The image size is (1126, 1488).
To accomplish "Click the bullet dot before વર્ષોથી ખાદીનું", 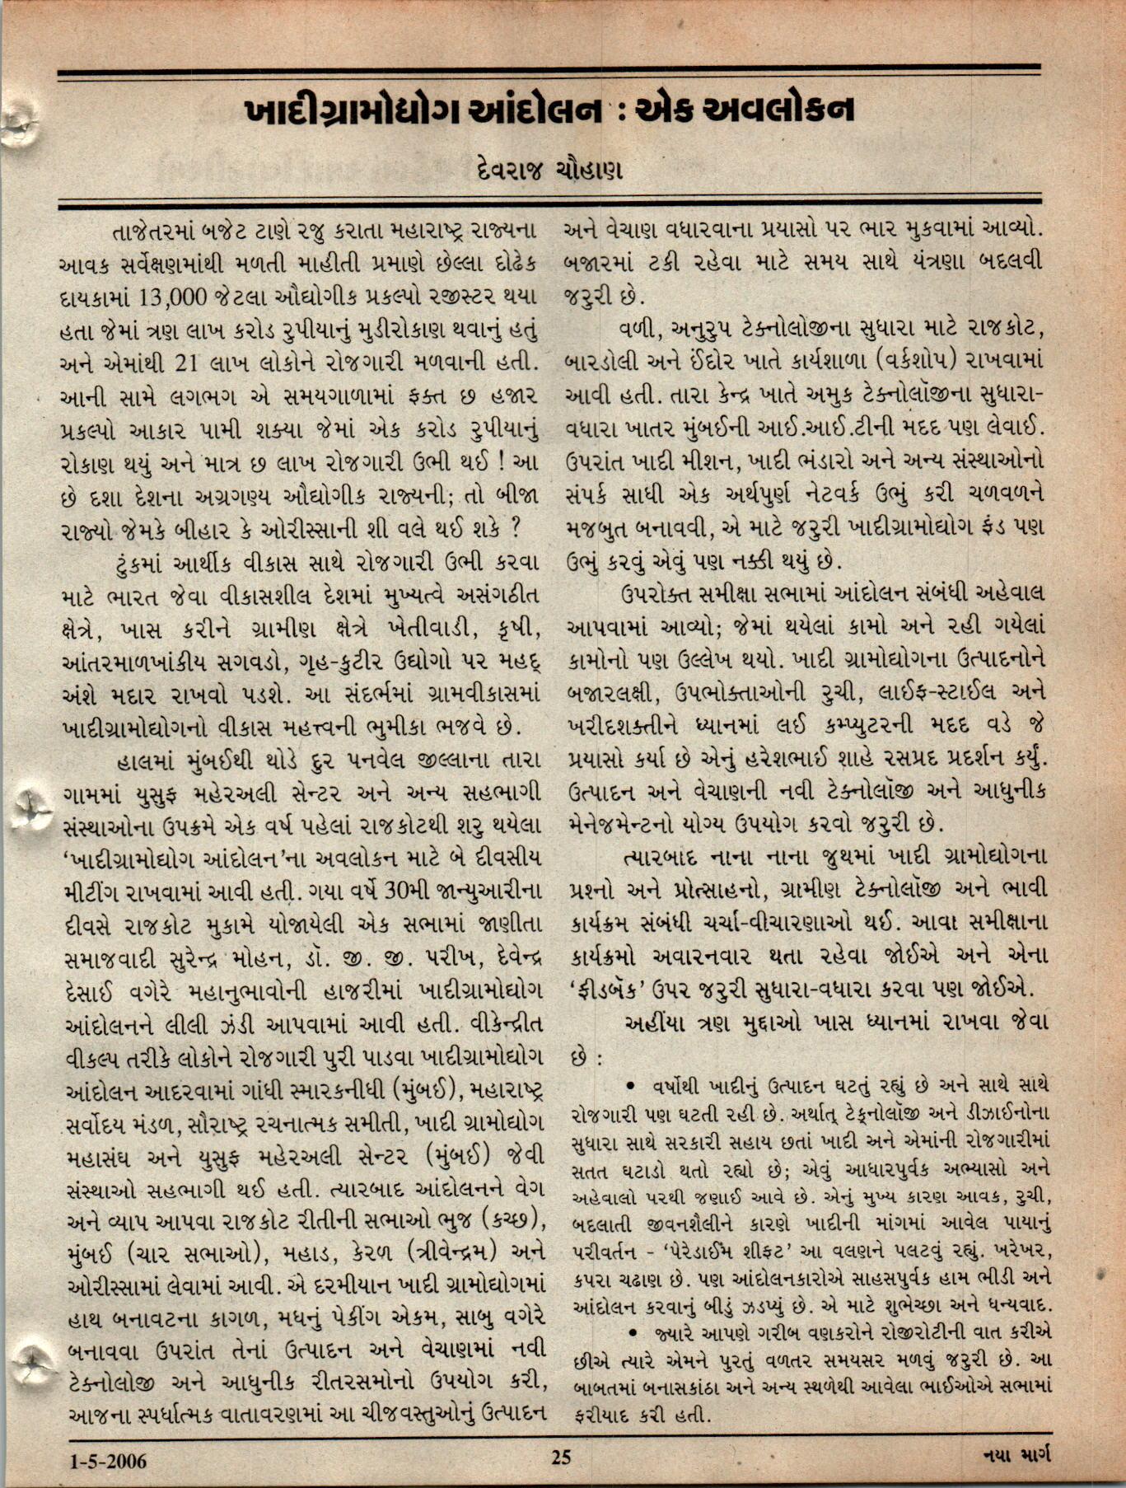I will [x=630, y=1083].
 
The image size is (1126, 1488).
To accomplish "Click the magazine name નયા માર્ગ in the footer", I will [x=1016, y=1457].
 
